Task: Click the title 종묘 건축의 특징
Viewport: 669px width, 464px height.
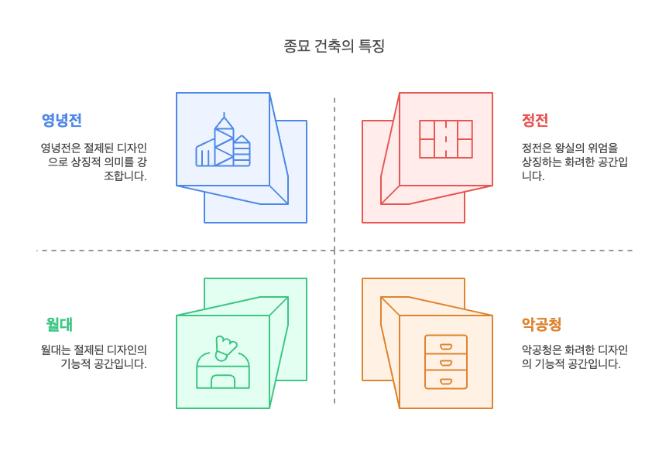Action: tap(334, 46)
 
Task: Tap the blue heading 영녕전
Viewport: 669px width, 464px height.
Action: tap(62, 120)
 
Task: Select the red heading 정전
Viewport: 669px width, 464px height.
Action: tap(535, 120)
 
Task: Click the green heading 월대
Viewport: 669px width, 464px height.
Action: tap(59, 324)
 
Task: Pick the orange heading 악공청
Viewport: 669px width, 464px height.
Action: tap(541, 324)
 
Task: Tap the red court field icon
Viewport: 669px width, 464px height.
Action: tap(446, 139)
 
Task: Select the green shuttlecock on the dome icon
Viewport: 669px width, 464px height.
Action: tap(225, 349)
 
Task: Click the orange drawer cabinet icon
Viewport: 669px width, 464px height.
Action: tap(446, 361)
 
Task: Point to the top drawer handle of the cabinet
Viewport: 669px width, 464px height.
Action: tap(446, 346)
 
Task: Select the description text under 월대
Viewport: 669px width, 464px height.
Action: tap(94, 357)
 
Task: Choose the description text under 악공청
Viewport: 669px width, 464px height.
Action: tap(575, 357)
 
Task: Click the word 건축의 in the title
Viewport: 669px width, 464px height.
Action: tap(334, 46)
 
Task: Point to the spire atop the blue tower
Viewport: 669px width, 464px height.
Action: tap(225, 116)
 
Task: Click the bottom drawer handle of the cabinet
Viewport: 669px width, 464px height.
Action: tap(446, 380)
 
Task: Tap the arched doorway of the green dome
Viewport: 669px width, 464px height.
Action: tap(223, 380)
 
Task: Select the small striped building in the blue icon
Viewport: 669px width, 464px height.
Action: tap(242, 152)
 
